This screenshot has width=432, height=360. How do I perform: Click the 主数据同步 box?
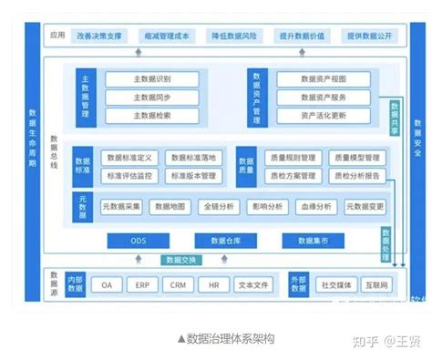point(152,97)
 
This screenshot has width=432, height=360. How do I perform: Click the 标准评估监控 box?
point(130,175)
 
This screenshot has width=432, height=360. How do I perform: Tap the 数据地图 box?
point(172,207)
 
